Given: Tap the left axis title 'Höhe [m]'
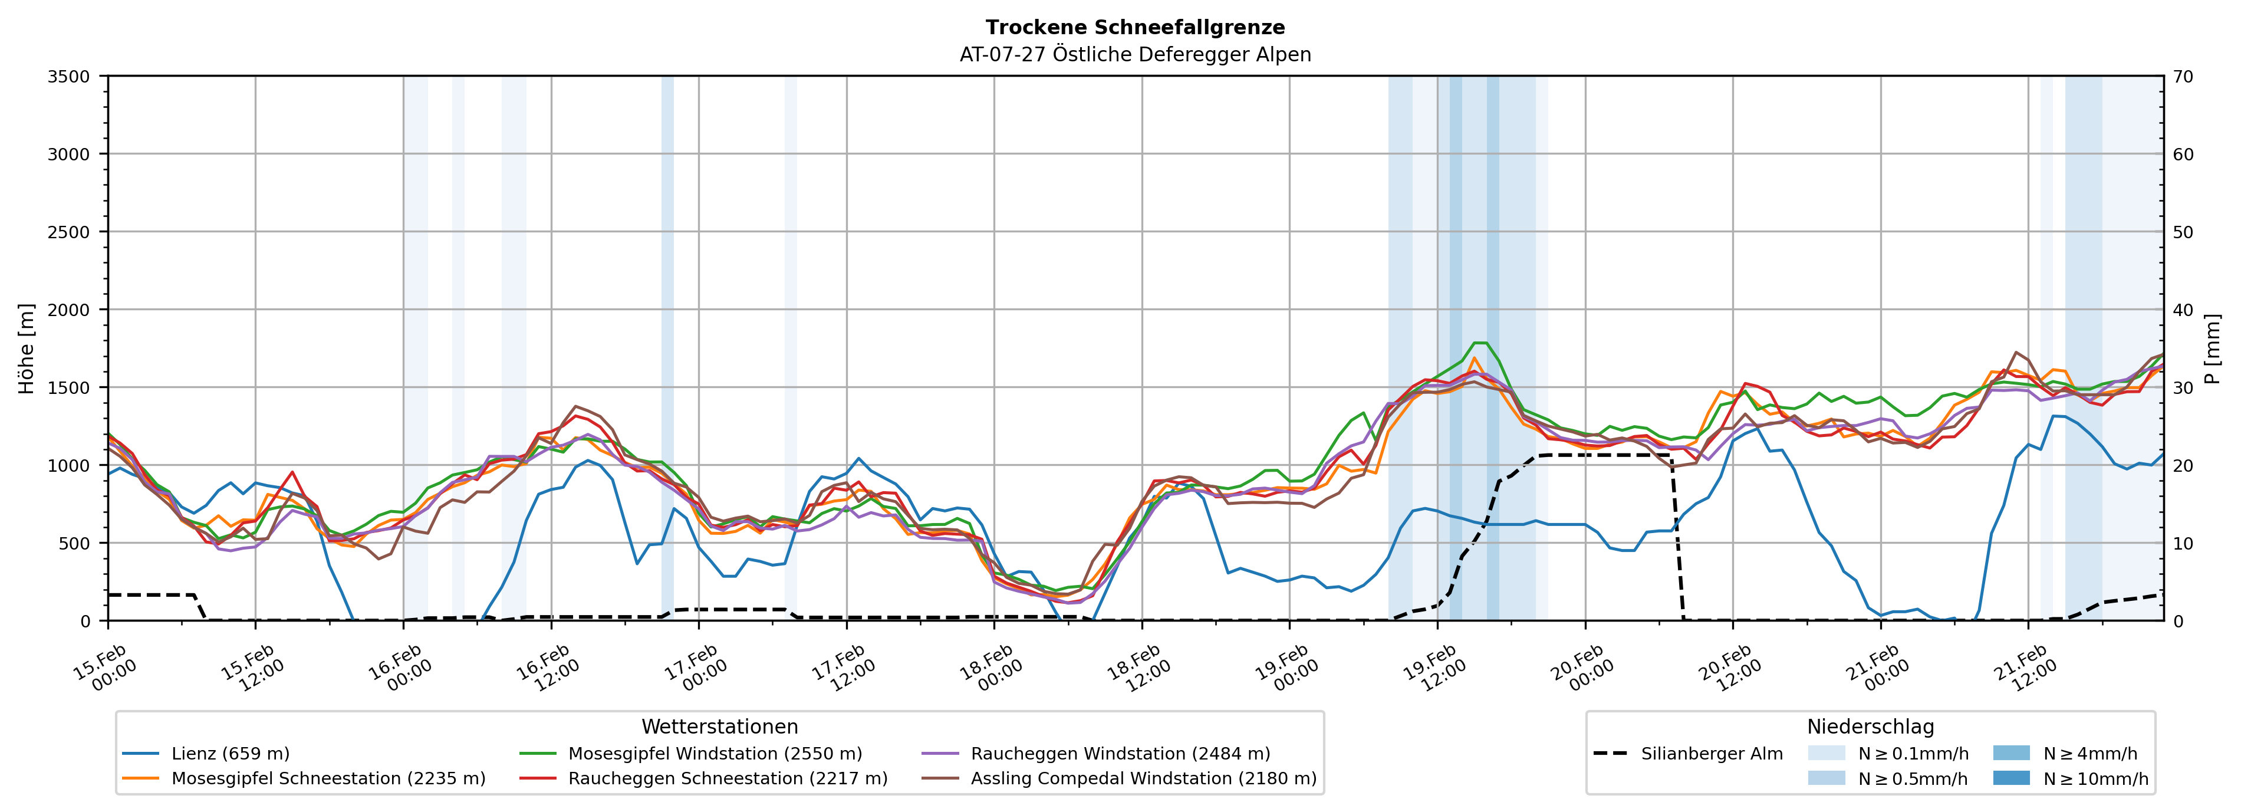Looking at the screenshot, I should [26, 348].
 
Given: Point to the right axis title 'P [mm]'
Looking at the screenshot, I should [2212, 348].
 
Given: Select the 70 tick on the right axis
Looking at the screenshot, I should [2184, 77].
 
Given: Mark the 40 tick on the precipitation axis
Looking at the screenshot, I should [2184, 310].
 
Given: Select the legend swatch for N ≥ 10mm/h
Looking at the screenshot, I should [2011, 778].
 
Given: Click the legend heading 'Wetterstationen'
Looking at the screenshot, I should [719, 726].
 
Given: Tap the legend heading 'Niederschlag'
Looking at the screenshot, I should [1870, 726].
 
